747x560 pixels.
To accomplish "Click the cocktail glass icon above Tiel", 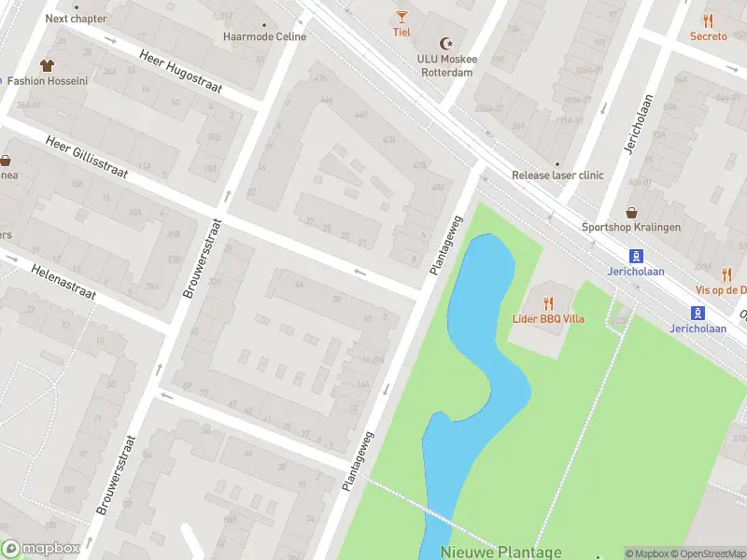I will point(402,16).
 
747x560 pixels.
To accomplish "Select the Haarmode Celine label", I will point(264,36).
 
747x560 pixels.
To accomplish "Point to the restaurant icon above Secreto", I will point(708,21).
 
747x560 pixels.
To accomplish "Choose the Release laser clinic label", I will point(557,175).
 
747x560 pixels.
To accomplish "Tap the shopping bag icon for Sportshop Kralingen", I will point(631,212).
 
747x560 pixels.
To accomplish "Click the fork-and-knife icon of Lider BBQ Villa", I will point(548,302).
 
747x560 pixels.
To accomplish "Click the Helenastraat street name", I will point(63,278).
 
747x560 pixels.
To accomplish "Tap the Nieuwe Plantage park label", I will point(501,552).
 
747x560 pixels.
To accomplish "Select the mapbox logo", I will point(41,549).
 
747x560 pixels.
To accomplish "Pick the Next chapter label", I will point(76,18).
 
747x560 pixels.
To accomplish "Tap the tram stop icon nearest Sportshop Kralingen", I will point(637,255).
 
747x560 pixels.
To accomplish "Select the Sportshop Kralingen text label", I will point(631,227).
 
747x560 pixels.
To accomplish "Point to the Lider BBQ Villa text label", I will point(548,318).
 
